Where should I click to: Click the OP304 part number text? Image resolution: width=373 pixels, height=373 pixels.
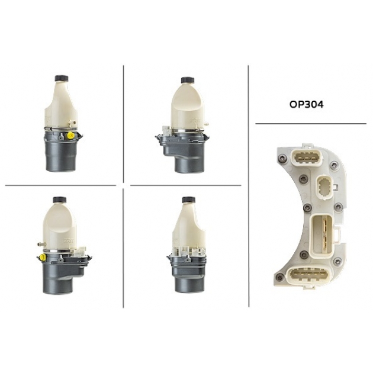point(307,104)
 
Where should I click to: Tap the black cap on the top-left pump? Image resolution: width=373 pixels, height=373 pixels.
point(62,78)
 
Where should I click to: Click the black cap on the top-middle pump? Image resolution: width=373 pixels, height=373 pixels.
point(188,80)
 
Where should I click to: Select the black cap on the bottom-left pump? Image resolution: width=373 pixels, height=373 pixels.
point(59,200)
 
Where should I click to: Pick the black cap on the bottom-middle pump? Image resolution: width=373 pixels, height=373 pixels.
point(189,200)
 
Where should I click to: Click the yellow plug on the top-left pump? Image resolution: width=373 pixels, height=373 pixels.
point(70,136)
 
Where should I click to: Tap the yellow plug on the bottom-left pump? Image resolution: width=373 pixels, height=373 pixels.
point(43,257)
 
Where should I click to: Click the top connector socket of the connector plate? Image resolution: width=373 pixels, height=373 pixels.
point(303,157)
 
